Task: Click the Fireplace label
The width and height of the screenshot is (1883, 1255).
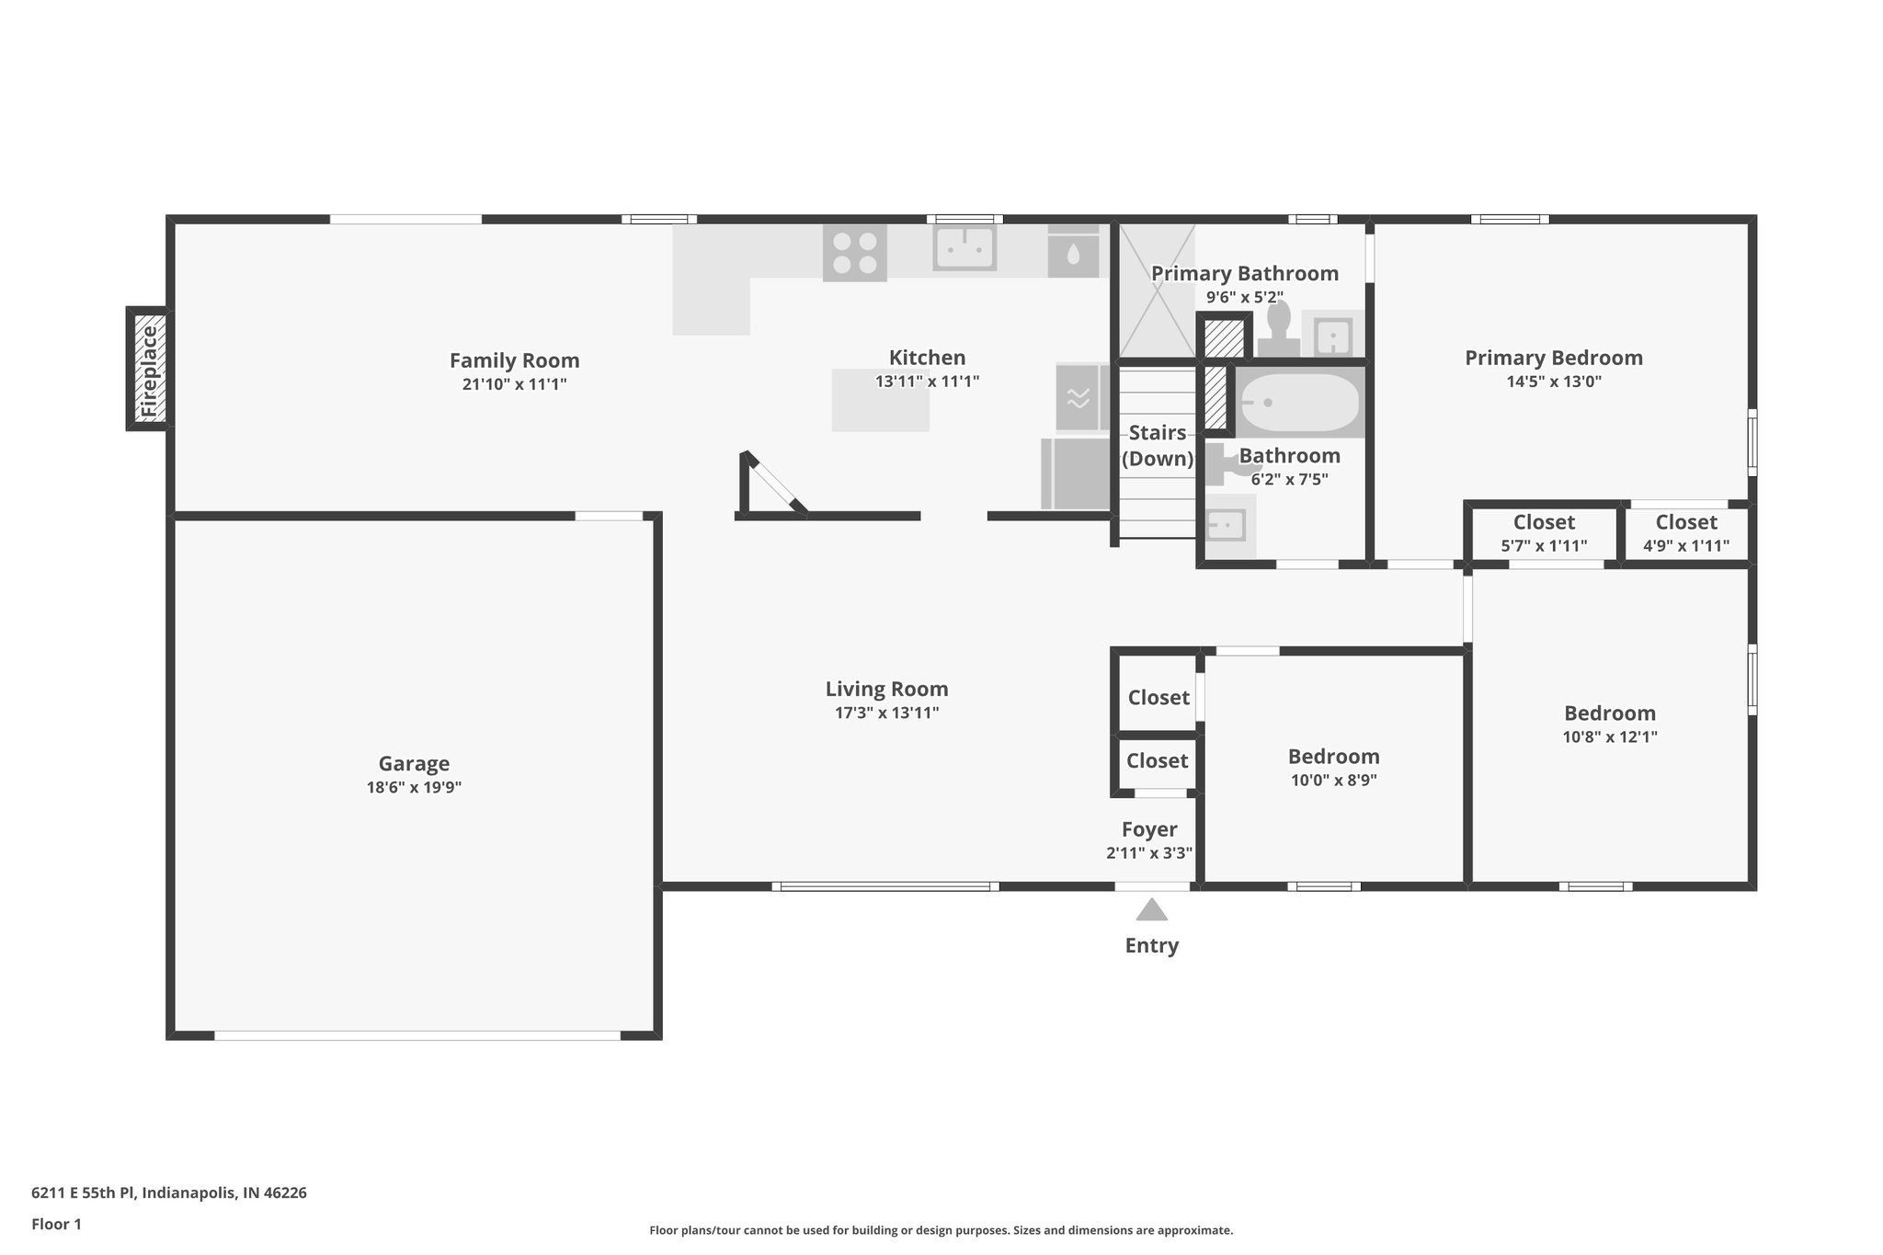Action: (149, 370)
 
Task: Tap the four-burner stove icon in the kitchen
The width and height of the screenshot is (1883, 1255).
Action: (854, 253)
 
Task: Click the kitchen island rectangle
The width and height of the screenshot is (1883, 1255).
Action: (880, 400)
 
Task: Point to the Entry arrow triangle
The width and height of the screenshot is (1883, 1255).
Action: (1151, 911)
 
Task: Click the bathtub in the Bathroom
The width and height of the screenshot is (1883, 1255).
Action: (1299, 404)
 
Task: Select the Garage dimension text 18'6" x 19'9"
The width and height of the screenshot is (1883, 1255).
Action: (414, 787)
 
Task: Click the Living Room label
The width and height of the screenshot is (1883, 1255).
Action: (886, 689)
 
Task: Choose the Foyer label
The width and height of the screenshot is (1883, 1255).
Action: (1149, 829)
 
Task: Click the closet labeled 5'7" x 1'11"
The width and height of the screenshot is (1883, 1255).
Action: (1544, 533)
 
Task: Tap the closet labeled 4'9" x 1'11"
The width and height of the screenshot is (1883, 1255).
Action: (1686, 533)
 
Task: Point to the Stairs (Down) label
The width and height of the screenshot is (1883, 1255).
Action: (1157, 445)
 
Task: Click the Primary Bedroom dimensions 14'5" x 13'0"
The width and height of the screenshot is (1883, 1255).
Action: (1554, 382)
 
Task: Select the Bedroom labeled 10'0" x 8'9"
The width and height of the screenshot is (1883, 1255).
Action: (1333, 767)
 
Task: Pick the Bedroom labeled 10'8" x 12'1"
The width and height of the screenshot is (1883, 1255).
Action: (1610, 724)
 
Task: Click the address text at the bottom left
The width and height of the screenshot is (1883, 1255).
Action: (169, 1192)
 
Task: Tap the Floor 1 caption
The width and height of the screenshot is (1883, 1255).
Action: (56, 1224)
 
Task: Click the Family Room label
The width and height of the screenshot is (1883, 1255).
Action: (514, 360)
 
